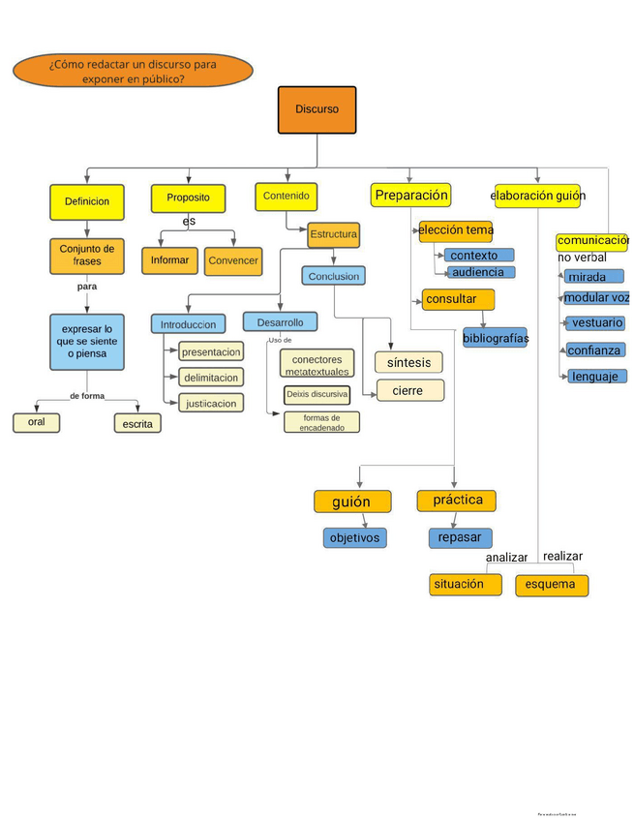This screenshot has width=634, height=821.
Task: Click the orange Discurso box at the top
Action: tap(317, 109)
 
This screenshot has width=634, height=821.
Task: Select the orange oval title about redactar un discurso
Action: tap(134, 71)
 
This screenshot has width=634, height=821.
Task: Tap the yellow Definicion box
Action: tap(87, 201)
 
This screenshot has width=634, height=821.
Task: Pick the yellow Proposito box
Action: tap(188, 198)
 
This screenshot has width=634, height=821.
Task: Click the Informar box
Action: tap(169, 260)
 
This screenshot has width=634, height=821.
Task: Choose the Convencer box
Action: tap(233, 261)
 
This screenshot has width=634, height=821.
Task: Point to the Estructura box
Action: tap(334, 234)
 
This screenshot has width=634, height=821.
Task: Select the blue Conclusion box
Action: tap(334, 276)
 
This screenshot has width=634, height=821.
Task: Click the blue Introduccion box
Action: tap(188, 323)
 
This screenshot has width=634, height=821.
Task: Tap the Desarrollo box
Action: tap(280, 321)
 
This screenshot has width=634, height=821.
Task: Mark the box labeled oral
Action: tap(37, 422)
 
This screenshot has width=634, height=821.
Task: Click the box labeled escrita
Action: tap(136, 424)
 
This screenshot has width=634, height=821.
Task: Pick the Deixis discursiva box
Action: tap(317, 395)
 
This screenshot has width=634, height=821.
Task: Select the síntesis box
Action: tap(408, 362)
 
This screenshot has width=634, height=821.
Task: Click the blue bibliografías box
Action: tap(495, 338)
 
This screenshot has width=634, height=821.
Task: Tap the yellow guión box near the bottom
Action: tap(352, 502)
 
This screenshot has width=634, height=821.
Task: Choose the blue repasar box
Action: tap(461, 537)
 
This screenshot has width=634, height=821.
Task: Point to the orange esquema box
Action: tap(551, 585)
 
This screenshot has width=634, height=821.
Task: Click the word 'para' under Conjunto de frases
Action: tap(87, 287)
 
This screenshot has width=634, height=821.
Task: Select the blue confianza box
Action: tap(594, 350)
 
